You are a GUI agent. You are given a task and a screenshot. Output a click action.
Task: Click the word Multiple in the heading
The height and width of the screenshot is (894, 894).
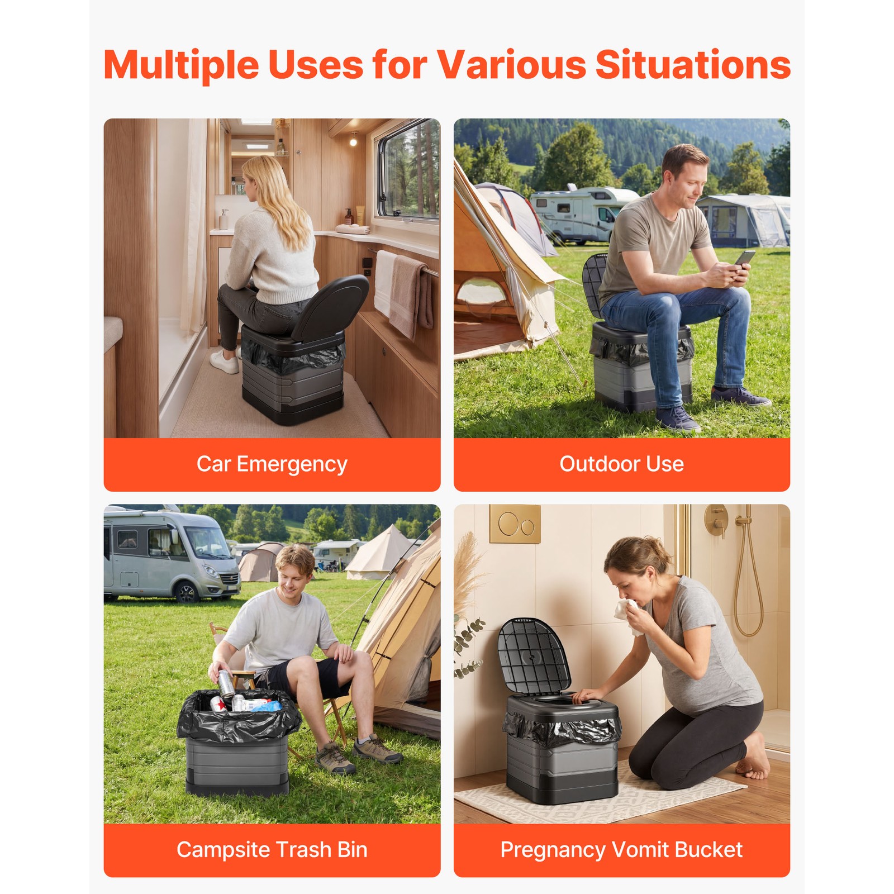click(181, 65)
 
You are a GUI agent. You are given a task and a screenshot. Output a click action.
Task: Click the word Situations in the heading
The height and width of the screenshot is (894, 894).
click(692, 65)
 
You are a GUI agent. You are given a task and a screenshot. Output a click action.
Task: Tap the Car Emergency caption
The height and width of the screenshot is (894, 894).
click(272, 464)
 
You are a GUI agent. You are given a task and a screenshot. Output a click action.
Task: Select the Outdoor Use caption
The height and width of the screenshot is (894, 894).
click(621, 464)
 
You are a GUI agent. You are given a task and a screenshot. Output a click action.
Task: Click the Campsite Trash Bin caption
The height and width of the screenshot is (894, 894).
click(272, 849)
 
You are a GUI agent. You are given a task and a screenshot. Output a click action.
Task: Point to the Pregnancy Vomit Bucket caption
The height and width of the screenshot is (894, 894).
click(621, 849)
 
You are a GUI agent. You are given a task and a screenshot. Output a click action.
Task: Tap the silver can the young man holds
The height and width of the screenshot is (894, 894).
click(226, 683)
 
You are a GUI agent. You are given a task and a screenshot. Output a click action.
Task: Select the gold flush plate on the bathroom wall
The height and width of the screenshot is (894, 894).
click(515, 524)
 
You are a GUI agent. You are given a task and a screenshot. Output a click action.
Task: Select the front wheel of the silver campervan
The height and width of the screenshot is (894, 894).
click(186, 591)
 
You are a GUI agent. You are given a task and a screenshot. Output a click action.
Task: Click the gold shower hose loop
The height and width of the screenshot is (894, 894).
click(748, 598)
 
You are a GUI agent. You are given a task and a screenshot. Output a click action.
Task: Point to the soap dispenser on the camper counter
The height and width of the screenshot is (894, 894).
click(224, 219)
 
